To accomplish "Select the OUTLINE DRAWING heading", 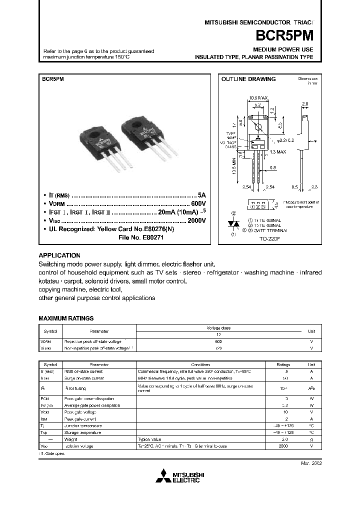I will [x=248, y=79].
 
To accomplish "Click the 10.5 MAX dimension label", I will [x=258, y=98].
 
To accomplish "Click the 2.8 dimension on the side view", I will [x=305, y=104].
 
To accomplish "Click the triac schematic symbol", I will [x=232, y=224].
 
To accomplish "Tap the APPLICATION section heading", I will [x=59, y=255].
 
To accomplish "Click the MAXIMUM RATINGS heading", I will [x=66, y=318].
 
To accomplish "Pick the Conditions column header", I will [x=203, y=364].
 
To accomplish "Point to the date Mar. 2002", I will [x=310, y=463].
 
